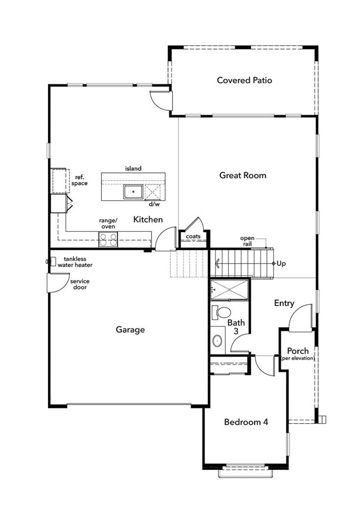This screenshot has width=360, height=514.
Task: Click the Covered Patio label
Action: [244, 80]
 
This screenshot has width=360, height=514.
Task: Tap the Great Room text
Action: [242, 175]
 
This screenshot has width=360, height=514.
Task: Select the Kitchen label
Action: [148, 220]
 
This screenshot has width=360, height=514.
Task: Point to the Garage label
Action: [130, 330]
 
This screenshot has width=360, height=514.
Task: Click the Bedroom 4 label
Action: [246, 422]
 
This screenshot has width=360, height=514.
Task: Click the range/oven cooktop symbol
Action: [108, 239]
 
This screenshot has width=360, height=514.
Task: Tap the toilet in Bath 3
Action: [223, 312]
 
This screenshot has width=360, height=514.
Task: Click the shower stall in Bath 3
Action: [230, 290]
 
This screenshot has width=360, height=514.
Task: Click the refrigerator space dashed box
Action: [59, 180]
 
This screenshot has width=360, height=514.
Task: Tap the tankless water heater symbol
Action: [49, 262]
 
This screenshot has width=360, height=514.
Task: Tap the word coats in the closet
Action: [193, 237]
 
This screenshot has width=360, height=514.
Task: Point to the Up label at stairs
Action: [281, 263]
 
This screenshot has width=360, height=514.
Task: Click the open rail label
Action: [247, 241]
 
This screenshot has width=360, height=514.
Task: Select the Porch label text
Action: [297, 351]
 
